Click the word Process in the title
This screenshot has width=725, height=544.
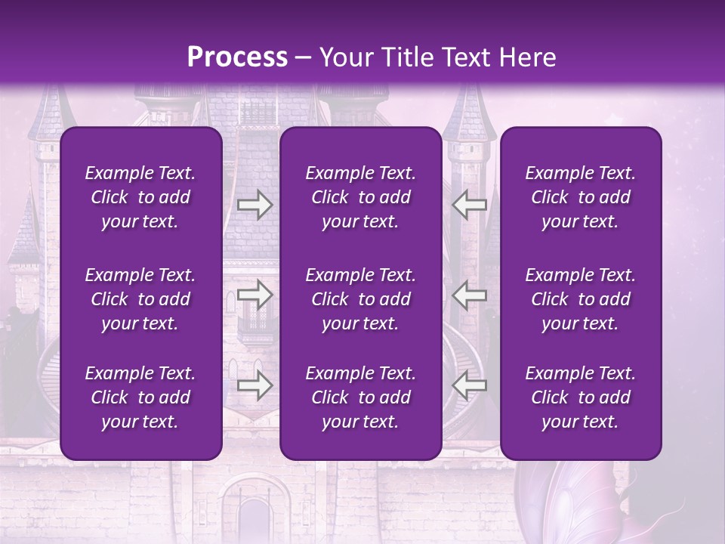(x=237, y=57)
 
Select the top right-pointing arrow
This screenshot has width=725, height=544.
(x=255, y=204)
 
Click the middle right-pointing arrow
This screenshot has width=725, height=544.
(x=255, y=295)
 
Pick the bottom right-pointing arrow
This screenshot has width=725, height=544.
(x=255, y=385)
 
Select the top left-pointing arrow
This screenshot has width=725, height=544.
(x=469, y=204)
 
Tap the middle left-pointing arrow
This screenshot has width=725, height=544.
(x=469, y=295)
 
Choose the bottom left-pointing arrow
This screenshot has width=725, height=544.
(x=469, y=385)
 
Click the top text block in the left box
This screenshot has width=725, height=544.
(x=140, y=197)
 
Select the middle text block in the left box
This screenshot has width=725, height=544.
(x=140, y=299)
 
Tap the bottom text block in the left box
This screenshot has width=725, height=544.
(x=140, y=397)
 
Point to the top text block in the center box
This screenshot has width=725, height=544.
(x=361, y=197)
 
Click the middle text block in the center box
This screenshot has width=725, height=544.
(x=361, y=299)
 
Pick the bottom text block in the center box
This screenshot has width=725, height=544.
(x=361, y=397)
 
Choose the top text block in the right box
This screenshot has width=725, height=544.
(x=581, y=197)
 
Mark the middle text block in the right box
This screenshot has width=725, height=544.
(x=581, y=299)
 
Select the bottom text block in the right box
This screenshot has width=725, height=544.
(x=581, y=397)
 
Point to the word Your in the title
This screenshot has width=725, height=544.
(x=347, y=57)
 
